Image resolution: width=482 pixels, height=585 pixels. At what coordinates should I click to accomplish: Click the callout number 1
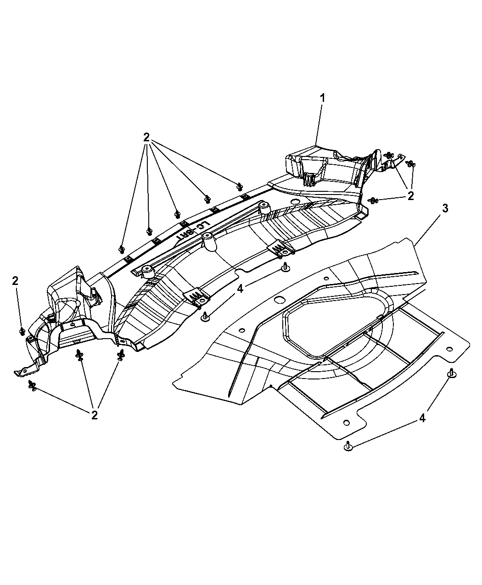point(323,98)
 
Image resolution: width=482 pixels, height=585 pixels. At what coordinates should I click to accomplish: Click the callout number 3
point(445,208)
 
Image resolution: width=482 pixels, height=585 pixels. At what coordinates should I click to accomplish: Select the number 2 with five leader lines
point(146,137)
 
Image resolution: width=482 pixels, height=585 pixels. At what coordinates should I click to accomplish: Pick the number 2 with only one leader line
point(15,281)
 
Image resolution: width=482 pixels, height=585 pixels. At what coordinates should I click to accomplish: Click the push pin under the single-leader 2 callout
point(22,331)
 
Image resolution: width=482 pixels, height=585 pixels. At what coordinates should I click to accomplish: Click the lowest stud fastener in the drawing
point(348,446)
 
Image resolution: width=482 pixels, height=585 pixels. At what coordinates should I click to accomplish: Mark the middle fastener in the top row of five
point(177,213)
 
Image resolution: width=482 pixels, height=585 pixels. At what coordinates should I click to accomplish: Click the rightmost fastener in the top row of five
point(239,186)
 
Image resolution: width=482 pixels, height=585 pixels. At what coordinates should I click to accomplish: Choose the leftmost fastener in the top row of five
point(122,249)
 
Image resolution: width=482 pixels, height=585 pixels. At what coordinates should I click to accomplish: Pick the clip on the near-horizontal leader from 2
point(373,200)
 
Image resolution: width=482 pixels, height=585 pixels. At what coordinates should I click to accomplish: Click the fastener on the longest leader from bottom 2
point(32,385)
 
